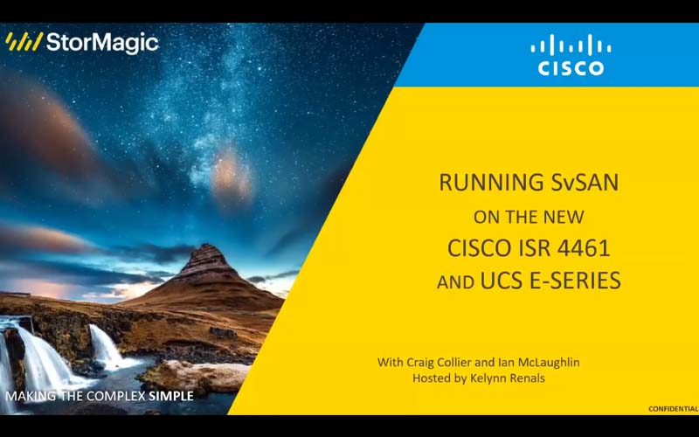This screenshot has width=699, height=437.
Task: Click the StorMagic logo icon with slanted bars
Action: click(x=24, y=42)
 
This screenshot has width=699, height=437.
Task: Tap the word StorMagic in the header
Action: click(x=102, y=42)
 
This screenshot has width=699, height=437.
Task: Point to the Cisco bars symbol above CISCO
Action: click(x=571, y=45)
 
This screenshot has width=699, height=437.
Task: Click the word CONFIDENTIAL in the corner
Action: click(x=672, y=409)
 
